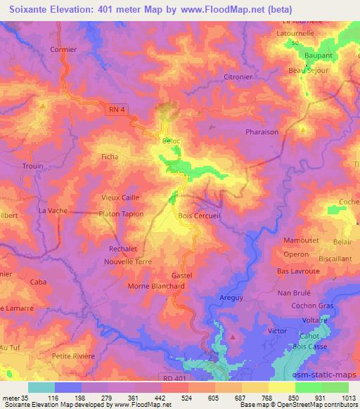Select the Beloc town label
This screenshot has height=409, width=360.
172,141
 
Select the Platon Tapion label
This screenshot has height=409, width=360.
121,214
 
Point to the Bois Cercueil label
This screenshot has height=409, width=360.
200,216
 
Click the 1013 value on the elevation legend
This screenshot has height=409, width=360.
349,399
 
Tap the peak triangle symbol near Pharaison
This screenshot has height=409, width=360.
303,129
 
